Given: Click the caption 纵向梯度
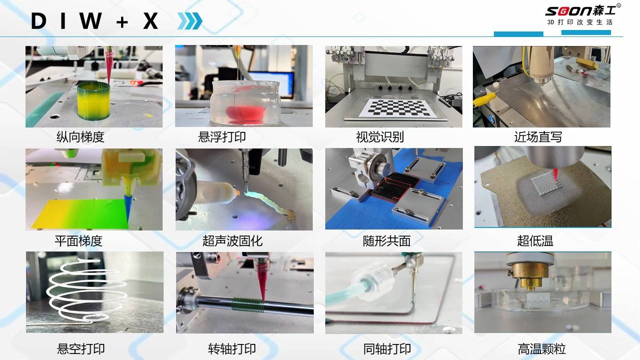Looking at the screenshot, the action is tap(80, 137).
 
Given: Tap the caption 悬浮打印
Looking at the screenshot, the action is tap(222, 136).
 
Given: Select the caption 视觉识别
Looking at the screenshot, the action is tap(380, 137).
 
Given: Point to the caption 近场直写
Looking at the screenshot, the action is tap(538, 137).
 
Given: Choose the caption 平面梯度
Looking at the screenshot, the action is tap(79, 241).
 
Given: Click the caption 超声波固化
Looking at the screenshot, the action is tap(232, 241).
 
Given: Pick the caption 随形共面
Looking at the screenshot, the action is tap(387, 241).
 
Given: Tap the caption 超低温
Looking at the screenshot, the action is tap(535, 241).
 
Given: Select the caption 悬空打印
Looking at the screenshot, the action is tap(81, 349).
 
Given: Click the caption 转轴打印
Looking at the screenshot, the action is tap(232, 349).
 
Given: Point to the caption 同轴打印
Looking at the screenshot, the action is tap(387, 349).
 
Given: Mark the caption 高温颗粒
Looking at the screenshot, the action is tap(542, 349).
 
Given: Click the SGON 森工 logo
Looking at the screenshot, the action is tap(583, 11).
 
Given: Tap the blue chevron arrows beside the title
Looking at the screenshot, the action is tap(190, 21).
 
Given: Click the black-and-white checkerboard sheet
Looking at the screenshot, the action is tap(398, 108).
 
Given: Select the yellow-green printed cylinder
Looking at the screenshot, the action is tap(94, 101).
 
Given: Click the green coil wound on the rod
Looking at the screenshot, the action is tap(247, 304).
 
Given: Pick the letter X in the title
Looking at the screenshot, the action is tap(151, 21).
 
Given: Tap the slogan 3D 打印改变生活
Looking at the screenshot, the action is tap(580, 22).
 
